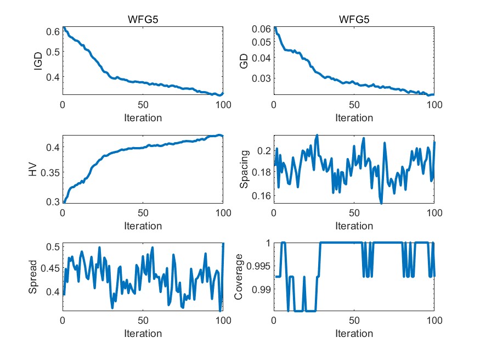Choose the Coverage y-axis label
click(239, 277)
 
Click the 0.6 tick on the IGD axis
click(53, 31)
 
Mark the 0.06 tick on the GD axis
click(261, 29)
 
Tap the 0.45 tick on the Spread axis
click(49, 269)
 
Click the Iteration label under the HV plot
click(143, 226)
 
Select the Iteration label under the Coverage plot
click(354, 334)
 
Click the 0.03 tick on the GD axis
click(261, 78)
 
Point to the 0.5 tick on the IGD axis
click(53, 52)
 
